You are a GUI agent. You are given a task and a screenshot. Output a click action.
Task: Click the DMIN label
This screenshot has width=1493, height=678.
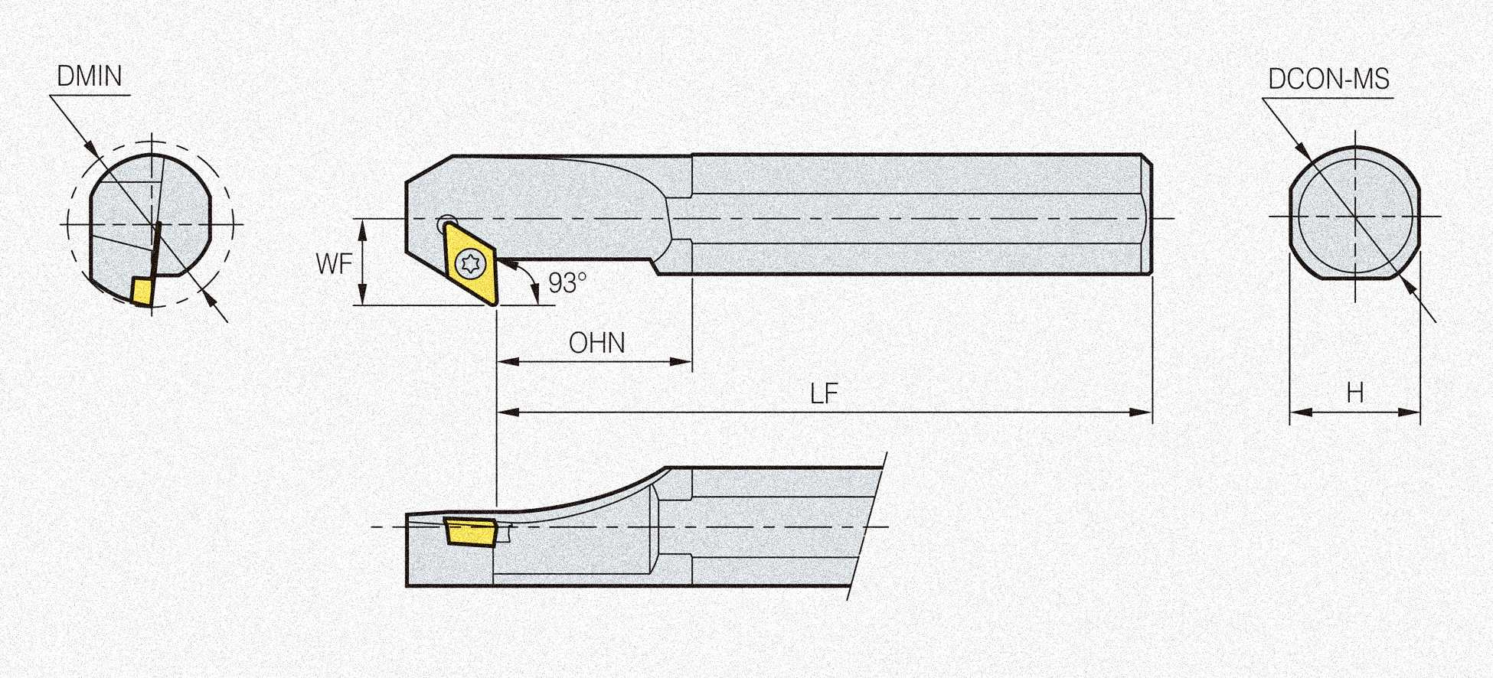pyautogui.click(x=90, y=77)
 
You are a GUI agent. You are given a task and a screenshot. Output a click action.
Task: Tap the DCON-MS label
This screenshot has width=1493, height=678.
pyautogui.click(x=1329, y=80)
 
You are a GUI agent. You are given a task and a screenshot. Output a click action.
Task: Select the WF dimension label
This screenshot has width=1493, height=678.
pyautogui.click(x=334, y=264)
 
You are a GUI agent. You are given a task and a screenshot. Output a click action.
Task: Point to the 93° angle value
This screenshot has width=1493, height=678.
pyautogui.click(x=567, y=283)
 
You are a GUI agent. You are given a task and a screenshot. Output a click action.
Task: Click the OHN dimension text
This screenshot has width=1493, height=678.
pyautogui.click(x=597, y=343)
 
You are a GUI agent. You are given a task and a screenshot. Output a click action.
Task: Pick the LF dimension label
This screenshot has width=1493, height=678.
pyautogui.click(x=825, y=394)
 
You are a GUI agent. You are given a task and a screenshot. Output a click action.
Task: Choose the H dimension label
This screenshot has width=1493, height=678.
pyautogui.click(x=1355, y=393)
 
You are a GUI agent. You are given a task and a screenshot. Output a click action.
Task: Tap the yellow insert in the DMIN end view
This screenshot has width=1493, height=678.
pyautogui.click(x=142, y=291)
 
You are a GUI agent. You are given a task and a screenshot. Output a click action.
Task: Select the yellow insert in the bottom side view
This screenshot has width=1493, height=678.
pyautogui.click(x=470, y=532)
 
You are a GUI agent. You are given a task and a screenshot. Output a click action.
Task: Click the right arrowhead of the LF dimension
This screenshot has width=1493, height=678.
pyautogui.click(x=1142, y=412)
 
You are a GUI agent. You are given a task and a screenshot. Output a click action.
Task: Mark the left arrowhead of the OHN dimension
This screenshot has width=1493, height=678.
pyautogui.click(x=508, y=361)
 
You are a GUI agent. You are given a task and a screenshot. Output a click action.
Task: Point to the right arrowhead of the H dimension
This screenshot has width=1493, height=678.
pyautogui.click(x=1410, y=412)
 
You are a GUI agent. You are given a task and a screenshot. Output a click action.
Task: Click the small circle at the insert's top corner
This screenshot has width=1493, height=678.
pyautogui.click(x=446, y=223)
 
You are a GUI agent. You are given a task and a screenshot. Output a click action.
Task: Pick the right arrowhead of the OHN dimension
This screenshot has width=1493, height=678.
pyautogui.click(x=681, y=361)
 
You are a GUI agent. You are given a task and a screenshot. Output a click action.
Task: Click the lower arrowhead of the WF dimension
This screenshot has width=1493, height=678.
pyautogui.click(x=363, y=294)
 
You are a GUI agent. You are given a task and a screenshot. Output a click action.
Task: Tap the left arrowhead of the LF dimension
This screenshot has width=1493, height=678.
pyautogui.click(x=508, y=412)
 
